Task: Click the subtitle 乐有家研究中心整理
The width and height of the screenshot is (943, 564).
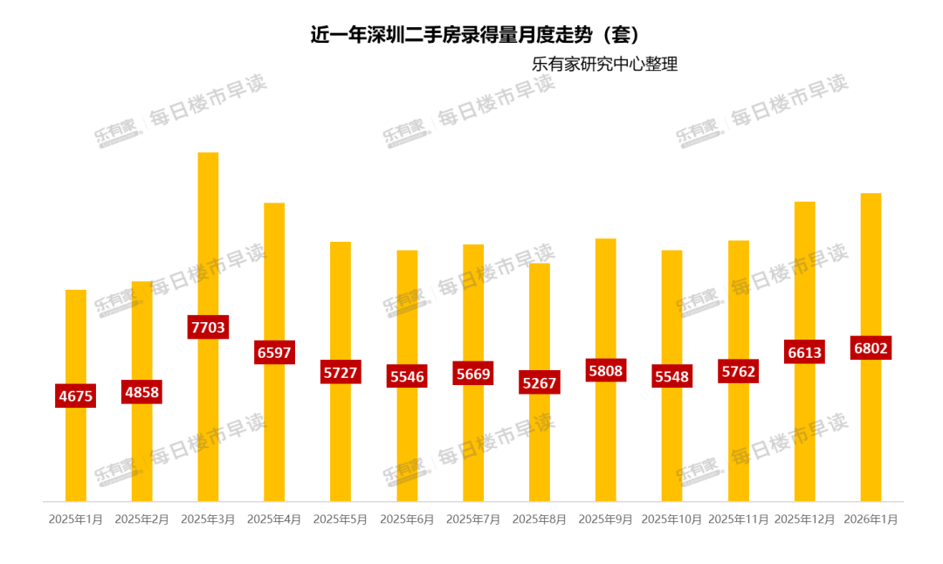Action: point(604,65)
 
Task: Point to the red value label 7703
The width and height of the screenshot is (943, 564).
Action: point(208,327)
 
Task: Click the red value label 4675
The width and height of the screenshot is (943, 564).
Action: point(76,395)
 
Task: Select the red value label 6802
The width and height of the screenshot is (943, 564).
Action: point(871,348)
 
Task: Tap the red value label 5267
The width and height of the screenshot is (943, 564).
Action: point(540,382)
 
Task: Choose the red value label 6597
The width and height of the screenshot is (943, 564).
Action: point(274,352)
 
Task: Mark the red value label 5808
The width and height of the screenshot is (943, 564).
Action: point(605,370)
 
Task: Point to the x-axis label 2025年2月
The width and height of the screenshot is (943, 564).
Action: point(141,519)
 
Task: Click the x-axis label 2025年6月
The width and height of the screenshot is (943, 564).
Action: point(407,519)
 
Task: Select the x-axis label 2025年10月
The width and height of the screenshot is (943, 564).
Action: point(671,519)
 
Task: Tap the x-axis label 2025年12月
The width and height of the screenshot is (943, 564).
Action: point(804,519)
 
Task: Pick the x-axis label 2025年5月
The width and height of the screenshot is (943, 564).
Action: point(341,519)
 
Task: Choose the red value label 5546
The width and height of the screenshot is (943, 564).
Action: point(407,376)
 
